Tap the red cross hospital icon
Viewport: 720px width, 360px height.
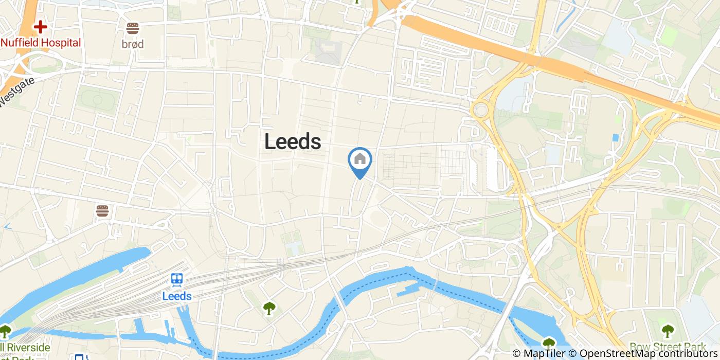point(40,27)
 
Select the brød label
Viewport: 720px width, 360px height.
point(133,44)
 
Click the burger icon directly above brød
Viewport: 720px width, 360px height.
point(133,28)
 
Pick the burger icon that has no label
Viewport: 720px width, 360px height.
point(102,211)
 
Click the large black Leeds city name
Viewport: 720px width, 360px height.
point(293,141)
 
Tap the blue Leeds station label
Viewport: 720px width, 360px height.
point(177,296)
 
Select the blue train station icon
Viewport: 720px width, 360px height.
point(177,279)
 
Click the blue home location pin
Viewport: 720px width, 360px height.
point(360,160)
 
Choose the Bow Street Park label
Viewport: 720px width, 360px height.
point(667,347)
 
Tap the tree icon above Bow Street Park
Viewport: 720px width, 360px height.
point(668,330)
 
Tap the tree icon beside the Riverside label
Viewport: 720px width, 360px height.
point(5,331)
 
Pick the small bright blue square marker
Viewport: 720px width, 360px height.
point(616,138)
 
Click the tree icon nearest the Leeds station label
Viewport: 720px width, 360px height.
point(269,308)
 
